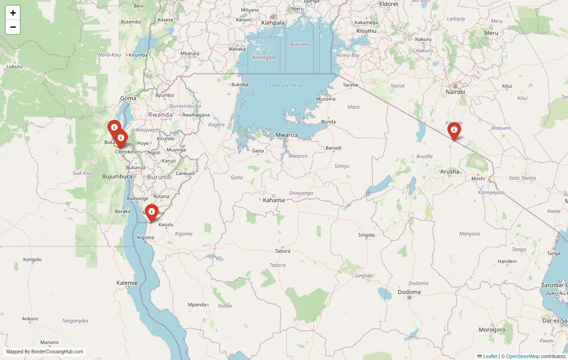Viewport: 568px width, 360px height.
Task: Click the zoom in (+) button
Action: (13, 13)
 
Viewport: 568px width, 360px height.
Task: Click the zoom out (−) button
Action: (13, 27)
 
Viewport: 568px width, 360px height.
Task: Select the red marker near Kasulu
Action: (151, 212)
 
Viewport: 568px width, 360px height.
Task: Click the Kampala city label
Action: (273, 23)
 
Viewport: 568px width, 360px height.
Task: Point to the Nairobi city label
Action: (455, 92)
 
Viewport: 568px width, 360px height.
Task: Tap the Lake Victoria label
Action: (285, 85)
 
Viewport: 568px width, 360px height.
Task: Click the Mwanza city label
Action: (287, 135)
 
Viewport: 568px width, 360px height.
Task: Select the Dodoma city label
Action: (409, 292)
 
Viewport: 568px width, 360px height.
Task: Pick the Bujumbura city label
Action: (117, 176)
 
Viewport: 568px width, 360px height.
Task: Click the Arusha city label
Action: (450, 172)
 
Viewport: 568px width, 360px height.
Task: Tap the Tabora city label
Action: (283, 251)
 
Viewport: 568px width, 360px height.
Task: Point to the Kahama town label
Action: (274, 200)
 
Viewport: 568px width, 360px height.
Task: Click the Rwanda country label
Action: (160, 115)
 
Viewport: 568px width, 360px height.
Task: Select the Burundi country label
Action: (160, 177)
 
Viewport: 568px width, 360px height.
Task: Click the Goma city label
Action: (128, 98)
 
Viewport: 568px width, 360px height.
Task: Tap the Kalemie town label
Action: (127, 283)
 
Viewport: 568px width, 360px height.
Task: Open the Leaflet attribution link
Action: (490, 356)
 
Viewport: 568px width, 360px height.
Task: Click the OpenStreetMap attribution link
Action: (523, 356)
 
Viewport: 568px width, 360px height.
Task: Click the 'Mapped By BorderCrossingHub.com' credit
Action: (44, 351)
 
